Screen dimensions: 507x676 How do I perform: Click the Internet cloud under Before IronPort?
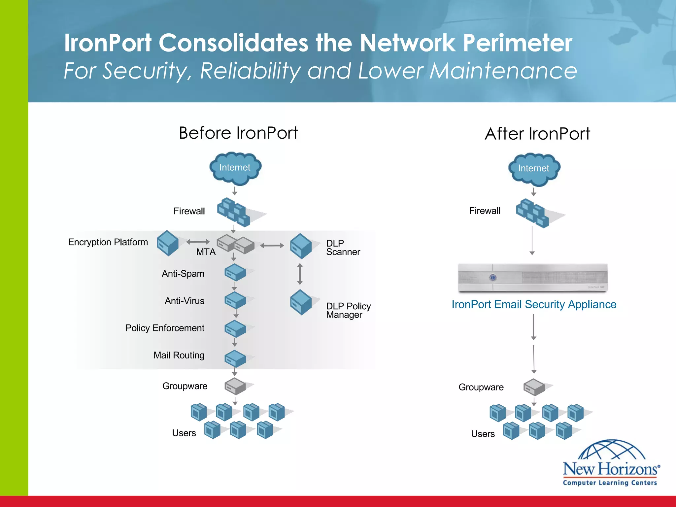pos(235,168)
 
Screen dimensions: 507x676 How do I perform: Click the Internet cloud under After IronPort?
pos(534,169)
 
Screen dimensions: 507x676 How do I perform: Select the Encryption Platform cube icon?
pos(168,244)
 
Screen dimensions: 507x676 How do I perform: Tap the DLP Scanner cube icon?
pos(301,246)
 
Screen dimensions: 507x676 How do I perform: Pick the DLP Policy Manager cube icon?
pos(301,302)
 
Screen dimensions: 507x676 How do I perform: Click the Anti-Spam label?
pos(183,274)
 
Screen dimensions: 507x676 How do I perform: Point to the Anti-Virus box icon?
pos(235,300)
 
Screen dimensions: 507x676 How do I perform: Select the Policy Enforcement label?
pos(165,328)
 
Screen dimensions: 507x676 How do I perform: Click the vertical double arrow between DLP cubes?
pos(300,274)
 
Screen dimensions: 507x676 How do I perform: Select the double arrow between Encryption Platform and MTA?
pos(198,242)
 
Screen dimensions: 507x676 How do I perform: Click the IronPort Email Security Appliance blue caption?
pos(534,304)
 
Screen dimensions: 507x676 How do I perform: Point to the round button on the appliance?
pos(493,278)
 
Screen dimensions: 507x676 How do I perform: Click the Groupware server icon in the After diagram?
pos(534,387)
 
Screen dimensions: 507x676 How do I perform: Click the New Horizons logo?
pos(611,464)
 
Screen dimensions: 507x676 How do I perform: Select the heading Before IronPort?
pos(238,133)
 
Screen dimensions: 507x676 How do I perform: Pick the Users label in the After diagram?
pos(483,434)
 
